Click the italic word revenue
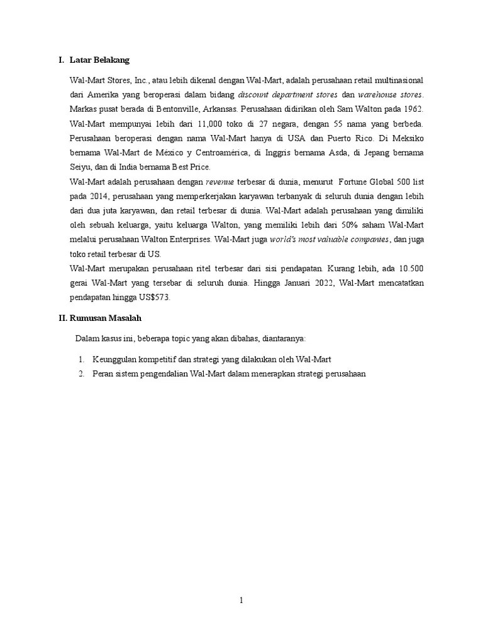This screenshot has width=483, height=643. click(x=220, y=182)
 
